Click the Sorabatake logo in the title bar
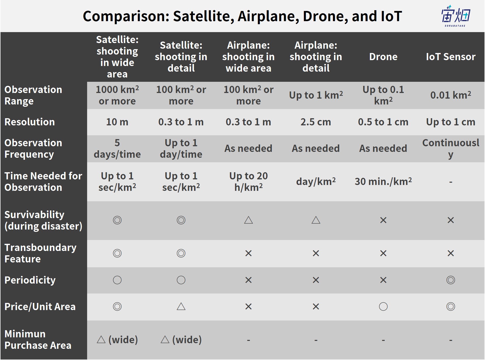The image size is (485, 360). (456, 16)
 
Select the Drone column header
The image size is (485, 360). (383, 57)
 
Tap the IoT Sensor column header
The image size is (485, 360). (451, 57)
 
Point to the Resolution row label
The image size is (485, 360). (30, 122)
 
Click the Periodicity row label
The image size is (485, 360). (30, 280)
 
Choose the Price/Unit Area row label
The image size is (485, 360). (40, 307)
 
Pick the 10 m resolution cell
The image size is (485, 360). (117, 122)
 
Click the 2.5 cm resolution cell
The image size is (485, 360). (316, 122)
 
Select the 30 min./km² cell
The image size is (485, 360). (383, 181)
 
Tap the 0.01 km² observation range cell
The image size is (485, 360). (451, 95)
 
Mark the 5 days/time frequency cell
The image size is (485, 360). (117, 149)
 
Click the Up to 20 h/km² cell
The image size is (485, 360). (248, 182)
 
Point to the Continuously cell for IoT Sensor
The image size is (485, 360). (451, 149)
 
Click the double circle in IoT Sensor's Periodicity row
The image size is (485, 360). (451, 280)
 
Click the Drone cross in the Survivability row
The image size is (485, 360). (383, 220)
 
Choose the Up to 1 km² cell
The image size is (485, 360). (316, 95)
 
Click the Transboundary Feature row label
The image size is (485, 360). (41, 253)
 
